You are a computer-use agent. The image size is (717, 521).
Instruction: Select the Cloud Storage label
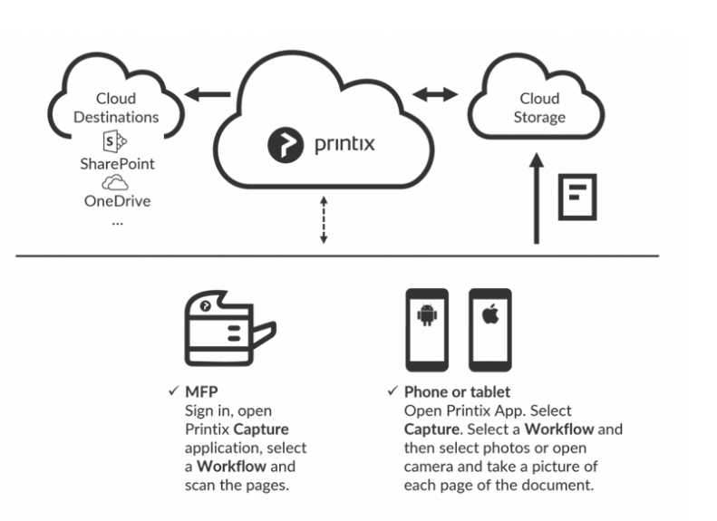pyautogui.click(x=538, y=108)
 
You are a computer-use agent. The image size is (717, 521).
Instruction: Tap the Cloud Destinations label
pyautogui.click(x=116, y=108)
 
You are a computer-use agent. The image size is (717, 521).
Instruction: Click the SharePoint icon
pyautogui.click(x=115, y=141)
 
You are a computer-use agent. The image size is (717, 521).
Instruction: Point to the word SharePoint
pyautogui.click(x=117, y=164)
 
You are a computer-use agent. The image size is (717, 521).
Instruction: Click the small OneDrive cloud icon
pyautogui.click(x=115, y=183)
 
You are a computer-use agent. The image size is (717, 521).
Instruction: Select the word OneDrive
pyautogui.click(x=117, y=201)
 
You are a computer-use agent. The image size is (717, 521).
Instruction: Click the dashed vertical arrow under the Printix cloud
pyautogui.click(x=324, y=218)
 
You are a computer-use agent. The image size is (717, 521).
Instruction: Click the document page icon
pyautogui.click(x=577, y=196)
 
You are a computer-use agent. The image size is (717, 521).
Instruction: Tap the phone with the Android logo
pyautogui.click(x=426, y=329)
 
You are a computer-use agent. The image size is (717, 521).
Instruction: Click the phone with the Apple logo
pyautogui.click(x=489, y=329)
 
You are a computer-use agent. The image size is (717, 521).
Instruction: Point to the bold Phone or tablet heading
pyautogui.click(x=457, y=392)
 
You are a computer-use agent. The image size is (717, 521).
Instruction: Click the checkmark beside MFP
pyautogui.click(x=173, y=391)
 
